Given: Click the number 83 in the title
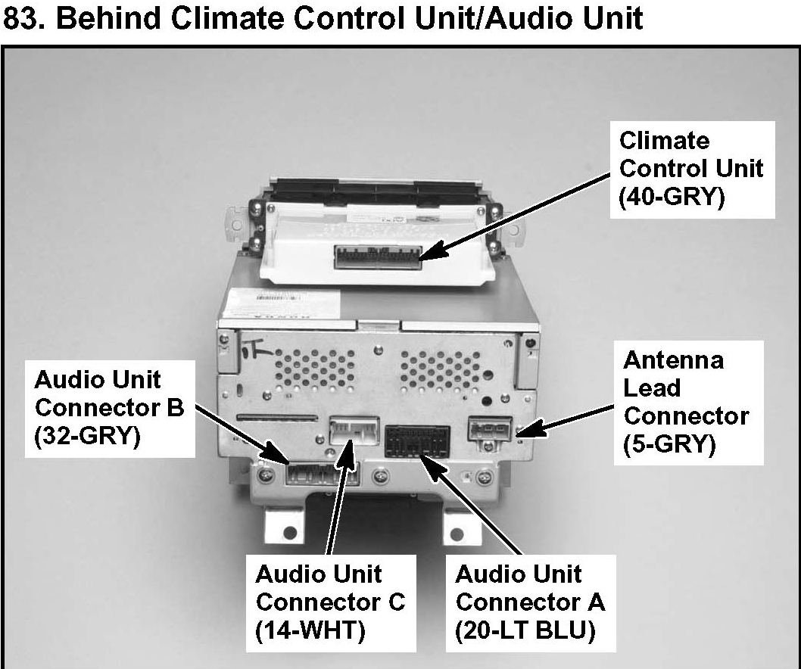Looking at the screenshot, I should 23,18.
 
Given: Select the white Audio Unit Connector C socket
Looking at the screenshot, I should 355,432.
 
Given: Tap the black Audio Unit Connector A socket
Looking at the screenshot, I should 417,442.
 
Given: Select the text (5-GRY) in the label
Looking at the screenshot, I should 669,445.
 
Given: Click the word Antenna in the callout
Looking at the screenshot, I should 673,360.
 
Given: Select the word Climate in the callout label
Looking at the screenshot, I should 664,141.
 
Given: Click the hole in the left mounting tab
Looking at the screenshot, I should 290,533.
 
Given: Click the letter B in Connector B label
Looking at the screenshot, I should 175,408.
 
